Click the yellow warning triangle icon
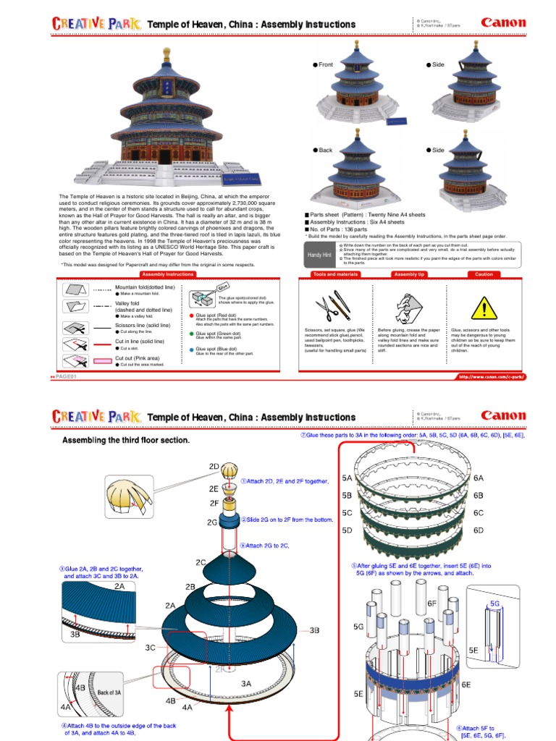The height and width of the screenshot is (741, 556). pyautogui.click(x=480, y=308)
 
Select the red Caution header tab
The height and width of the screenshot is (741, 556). pyautogui.click(x=484, y=275)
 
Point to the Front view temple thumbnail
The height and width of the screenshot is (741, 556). pyautogui.click(x=359, y=87)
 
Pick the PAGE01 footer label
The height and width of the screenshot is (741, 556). pyautogui.click(x=65, y=377)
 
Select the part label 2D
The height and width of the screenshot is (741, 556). pyautogui.click(x=214, y=467)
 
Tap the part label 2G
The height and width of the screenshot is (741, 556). pyautogui.click(x=212, y=522)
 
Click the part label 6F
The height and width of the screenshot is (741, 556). pyautogui.click(x=432, y=602)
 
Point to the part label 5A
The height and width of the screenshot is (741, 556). pyautogui.click(x=347, y=478)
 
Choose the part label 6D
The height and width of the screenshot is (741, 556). pyautogui.click(x=478, y=530)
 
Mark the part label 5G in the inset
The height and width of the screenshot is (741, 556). pyautogui.click(x=495, y=602)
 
